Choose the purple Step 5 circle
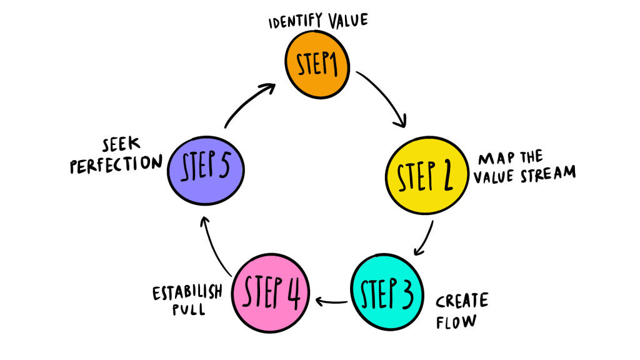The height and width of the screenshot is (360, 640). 207,169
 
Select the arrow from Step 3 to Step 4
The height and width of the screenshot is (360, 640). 331,302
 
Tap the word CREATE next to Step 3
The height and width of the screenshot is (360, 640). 462,301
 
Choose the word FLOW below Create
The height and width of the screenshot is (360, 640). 456,322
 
